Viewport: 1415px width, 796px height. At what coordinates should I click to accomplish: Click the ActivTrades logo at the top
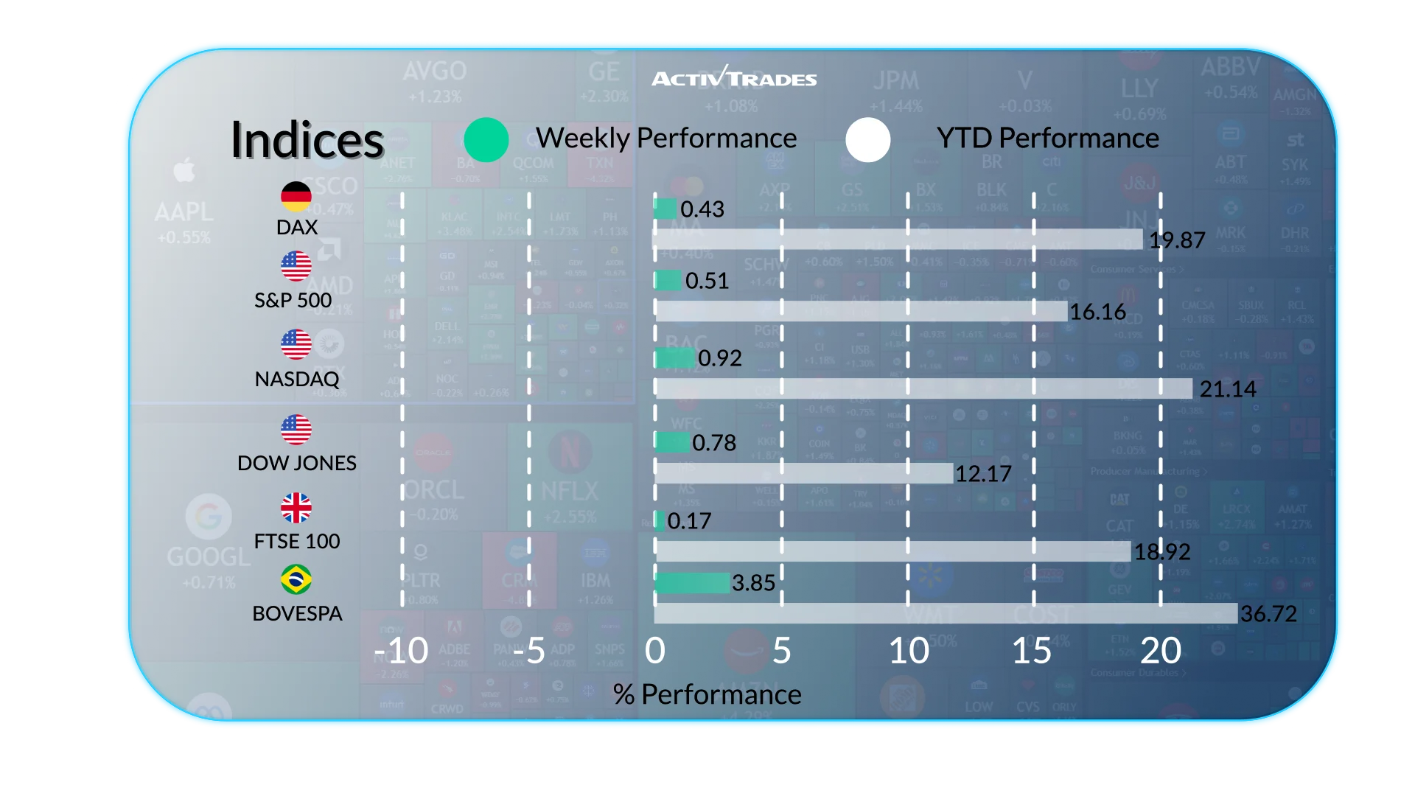coord(734,77)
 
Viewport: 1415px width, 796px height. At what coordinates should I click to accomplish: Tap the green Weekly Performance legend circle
coord(486,139)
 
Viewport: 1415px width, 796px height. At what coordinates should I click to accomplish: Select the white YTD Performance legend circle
coord(868,139)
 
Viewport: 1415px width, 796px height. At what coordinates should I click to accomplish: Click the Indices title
coord(307,140)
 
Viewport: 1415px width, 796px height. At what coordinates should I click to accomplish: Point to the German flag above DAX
coord(296,196)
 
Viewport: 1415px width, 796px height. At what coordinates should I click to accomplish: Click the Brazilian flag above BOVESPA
coord(296,580)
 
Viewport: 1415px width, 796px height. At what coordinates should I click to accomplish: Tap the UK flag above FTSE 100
coord(296,508)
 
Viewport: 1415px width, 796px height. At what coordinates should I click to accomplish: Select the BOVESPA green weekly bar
coord(692,583)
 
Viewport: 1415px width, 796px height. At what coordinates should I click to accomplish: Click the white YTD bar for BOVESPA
coord(946,613)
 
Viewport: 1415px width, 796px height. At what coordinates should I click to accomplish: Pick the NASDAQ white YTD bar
coord(923,388)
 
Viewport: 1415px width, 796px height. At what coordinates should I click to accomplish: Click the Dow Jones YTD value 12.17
coord(983,474)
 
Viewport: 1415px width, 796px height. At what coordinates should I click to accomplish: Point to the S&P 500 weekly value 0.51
coord(707,281)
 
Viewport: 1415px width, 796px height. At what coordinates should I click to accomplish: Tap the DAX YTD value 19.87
coord(1177,240)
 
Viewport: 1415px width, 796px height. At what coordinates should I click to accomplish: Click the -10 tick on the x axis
coord(402,651)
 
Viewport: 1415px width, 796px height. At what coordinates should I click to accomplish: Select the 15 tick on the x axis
coord(1032,651)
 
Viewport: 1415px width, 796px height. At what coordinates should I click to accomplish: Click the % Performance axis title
coord(707,694)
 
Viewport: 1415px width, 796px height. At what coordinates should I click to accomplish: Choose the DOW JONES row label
coord(296,463)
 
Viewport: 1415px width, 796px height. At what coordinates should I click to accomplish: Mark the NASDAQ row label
coord(296,379)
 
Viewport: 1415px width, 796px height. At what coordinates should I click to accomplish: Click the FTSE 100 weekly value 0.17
coord(689,521)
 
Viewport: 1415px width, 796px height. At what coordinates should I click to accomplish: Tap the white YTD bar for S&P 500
coord(861,312)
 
